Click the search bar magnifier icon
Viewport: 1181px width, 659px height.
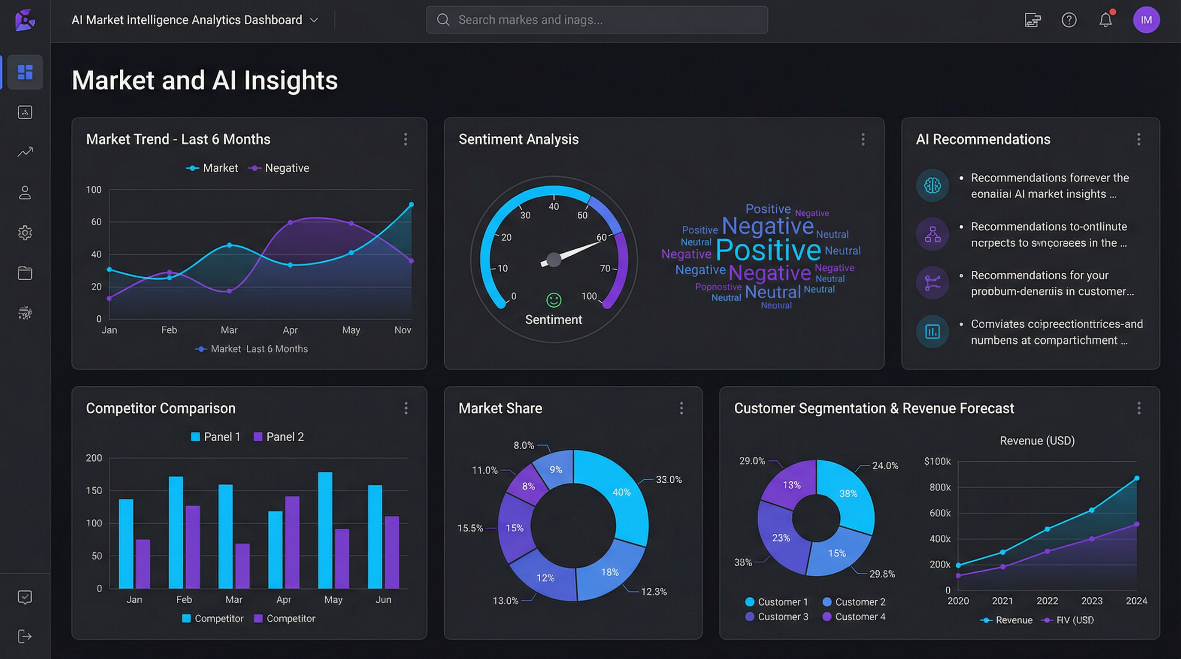[x=443, y=20]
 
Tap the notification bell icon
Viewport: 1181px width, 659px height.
[x=1105, y=20]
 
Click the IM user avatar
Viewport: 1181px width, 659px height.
[x=1146, y=20]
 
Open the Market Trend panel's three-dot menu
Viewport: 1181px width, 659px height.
[x=406, y=139]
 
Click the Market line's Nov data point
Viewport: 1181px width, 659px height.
[x=411, y=205]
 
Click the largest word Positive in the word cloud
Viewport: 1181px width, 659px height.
[x=768, y=250]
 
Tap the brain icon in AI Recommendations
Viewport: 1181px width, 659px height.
[x=932, y=186]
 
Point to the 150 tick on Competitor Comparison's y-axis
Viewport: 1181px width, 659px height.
[x=94, y=490]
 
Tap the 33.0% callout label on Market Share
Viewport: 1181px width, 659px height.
[x=669, y=480]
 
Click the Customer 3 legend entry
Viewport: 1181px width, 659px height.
[x=777, y=617]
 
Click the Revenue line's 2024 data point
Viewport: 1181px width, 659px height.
[x=1136, y=478]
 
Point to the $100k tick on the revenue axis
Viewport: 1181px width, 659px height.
[x=937, y=462]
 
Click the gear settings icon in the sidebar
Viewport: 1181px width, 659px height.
[x=25, y=233]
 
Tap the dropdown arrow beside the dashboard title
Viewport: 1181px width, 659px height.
[x=314, y=20]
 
